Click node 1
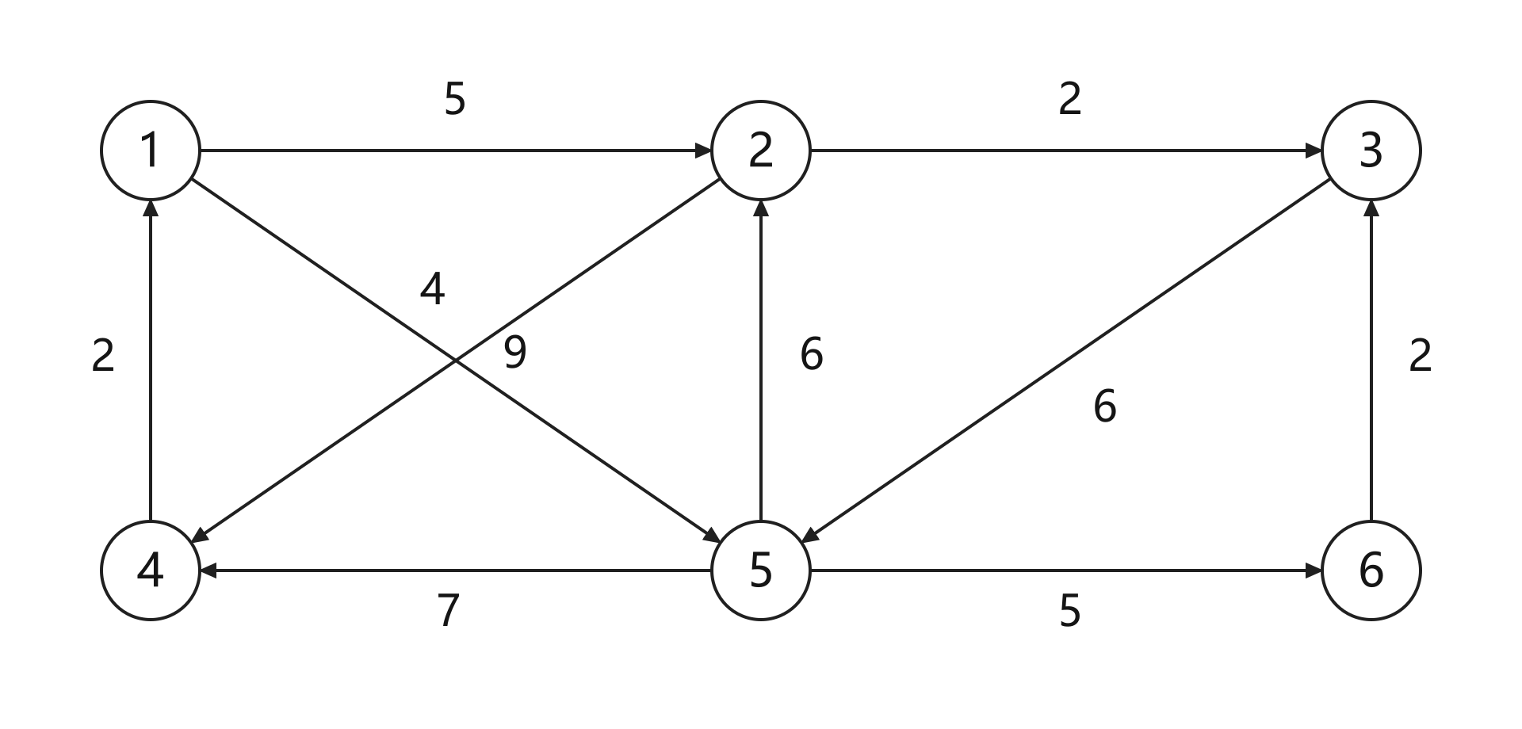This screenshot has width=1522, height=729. pyautogui.click(x=151, y=151)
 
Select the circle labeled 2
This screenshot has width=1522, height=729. pyautogui.click(x=761, y=151)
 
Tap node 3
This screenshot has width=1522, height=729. pyautogui.click(x=1371, y=151)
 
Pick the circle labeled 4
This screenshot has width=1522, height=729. pyautogui.click(x=151, y=571)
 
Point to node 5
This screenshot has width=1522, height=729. pyautogui.click(x=761, y=571)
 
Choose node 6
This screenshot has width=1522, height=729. pyautogui.click(x=1371, y=571)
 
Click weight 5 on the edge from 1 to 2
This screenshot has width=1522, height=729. pyautogui.click(x=455, y=99)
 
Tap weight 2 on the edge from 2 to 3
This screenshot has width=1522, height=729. pyautogui.click(x=1070, y=99)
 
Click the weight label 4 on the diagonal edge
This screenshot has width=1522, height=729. pyautogui.click(x=432, y=289)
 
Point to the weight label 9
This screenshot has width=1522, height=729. pyautogui.click(x=515, y=353)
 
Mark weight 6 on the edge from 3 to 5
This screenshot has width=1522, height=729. pyautogui.click(x=1105, y=406)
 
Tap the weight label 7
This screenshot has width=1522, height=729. pyautogui.click(x=449, y=611)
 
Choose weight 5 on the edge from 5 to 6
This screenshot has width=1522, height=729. pyautogui.click(x=1070, y=611)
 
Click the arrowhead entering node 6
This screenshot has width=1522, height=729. pyautogui.click(x=1314, y=571)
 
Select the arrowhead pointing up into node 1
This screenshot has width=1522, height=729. pyautogui.click(x=151, y=208)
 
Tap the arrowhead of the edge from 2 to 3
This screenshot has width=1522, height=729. pyautogui.click(x=1314, y=151)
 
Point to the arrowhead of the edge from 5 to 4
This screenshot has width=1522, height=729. pyautogui.click(x=208, y=571)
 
